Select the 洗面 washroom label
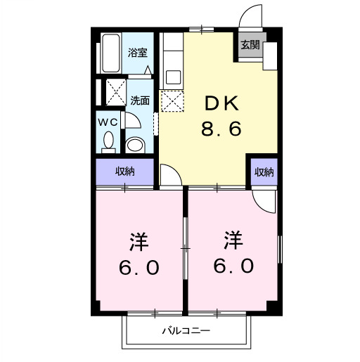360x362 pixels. click(x=140, y=101)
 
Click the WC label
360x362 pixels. click(x=108, y=122)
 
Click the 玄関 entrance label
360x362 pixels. click(x=250, y=46)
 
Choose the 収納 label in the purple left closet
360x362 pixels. click(x=125, y=172)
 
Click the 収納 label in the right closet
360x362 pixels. click(x=264, y=172)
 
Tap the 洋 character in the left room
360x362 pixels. click(x=139, y=242)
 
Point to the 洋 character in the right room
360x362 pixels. click(x=233, y=241)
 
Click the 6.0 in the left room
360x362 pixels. click(x=139, y=268)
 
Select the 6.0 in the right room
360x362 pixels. click(x=233, y=267)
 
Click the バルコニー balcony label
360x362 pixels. click(x=186, y=330)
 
